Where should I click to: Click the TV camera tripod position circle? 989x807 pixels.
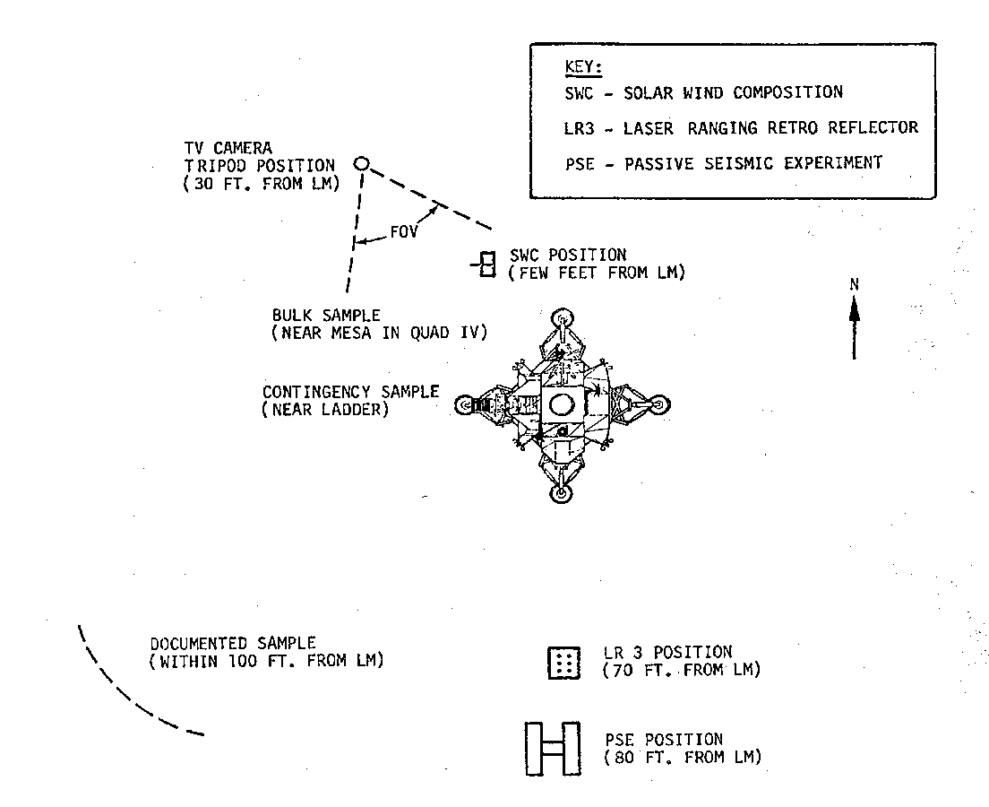pos(361,163)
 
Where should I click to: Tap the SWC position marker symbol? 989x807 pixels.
pos(486,264)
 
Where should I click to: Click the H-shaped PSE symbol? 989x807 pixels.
pos(552,748)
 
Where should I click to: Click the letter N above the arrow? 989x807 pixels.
pos(855,284)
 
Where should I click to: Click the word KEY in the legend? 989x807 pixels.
pos(584,68)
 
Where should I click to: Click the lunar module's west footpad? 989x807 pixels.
pos(464,405)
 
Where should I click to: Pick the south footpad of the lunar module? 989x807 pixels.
pos(561,493)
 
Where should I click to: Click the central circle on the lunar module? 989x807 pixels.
pos(562,403)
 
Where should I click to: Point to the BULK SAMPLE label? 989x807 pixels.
pos(326,316)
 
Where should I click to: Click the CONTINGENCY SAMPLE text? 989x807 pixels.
pos(350,392)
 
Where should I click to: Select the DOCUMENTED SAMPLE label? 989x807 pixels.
pos(233,643)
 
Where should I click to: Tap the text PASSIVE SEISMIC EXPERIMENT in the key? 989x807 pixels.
pos(753,162)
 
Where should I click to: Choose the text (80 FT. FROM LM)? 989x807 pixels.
pos(683,758)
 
